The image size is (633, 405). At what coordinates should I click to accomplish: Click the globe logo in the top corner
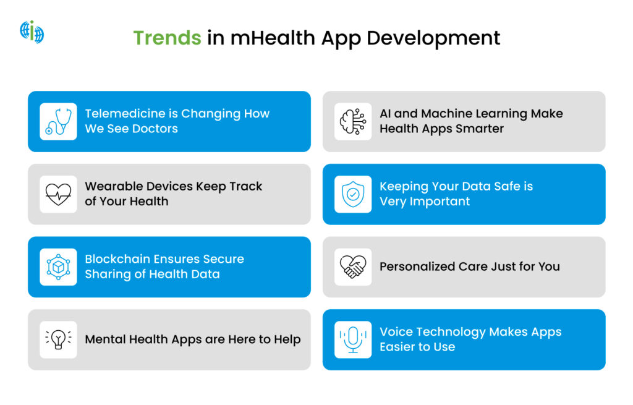(x=32, y=32)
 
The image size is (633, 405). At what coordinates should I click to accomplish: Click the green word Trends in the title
(x=167, y=38)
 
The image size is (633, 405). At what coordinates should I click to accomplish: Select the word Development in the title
(x=433, y=38)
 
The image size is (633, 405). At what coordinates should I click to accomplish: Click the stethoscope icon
(x=59, y=121)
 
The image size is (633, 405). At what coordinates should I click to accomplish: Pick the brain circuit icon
(x=353, y=121)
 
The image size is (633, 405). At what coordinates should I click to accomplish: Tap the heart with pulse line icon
(x=59, y=194)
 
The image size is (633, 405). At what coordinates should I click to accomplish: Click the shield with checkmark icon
(x=353, y=194)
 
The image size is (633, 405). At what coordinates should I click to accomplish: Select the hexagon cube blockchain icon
(x=59, y=267)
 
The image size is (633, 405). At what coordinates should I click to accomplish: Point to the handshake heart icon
(x=353, y=267)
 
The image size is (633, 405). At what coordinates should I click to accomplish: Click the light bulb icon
(x=59, y=339)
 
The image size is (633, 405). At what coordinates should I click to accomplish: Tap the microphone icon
(x=353, y=339)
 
